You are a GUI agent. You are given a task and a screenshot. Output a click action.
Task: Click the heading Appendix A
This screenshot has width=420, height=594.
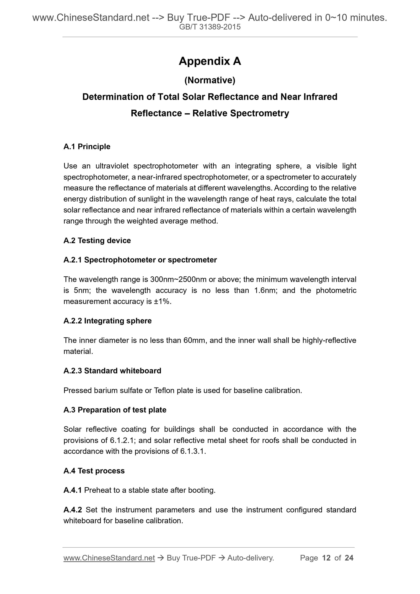pyautogui.click(x=210, y=61)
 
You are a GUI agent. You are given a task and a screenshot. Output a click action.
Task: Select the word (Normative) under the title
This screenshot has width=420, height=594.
pyautogui.click(x=210, y=80)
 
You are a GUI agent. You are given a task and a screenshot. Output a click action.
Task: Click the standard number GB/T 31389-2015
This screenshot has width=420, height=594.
pyautogui.click(x=210, y=27)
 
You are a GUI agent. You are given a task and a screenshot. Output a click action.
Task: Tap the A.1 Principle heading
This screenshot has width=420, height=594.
pyautogui.click(x=87, y=147)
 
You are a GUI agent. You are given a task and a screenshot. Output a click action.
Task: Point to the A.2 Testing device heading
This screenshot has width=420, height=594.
pyautogui.click(x=97, y=240)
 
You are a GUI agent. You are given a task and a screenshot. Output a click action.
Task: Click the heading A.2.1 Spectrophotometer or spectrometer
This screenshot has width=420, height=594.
pyautogui.click(x=140, y=260)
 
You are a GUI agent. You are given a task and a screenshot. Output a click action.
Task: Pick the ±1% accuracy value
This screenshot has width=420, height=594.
pyautogui.click(x=162, y=301)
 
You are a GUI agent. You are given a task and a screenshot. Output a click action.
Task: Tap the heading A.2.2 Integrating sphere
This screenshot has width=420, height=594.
pyautogui.click(x=107, y=321)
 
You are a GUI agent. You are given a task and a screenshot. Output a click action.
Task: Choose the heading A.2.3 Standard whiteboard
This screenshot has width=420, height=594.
pyautogui.click(x=112, y=371)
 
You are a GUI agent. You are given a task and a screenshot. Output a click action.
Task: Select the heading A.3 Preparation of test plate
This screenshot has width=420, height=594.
pyautogui.click(x=115, y=410)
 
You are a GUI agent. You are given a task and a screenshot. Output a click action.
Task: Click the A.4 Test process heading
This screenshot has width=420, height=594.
pyautogui.click(x=94, y=471)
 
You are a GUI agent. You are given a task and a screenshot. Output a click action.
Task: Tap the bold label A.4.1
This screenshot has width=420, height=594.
pyautogui.click(x=73, y=490)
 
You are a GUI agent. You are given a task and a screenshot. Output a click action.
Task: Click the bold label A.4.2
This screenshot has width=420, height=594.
pyautogui.click(x=73, y=510)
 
